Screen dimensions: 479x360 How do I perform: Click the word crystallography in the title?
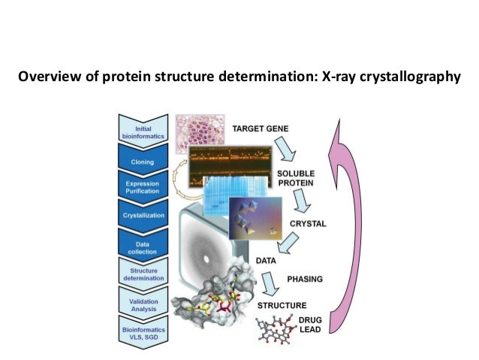coord(411,77)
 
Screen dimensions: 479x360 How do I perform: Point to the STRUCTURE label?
coord(282,306)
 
